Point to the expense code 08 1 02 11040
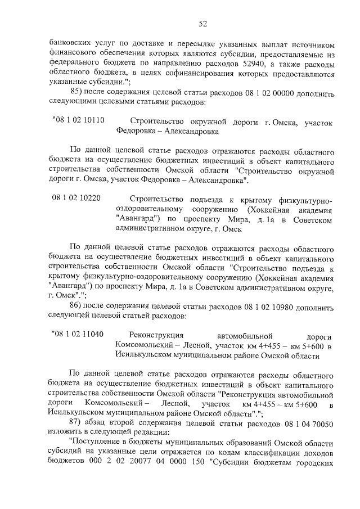pos(78,334)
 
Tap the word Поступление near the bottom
pos(97,444)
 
